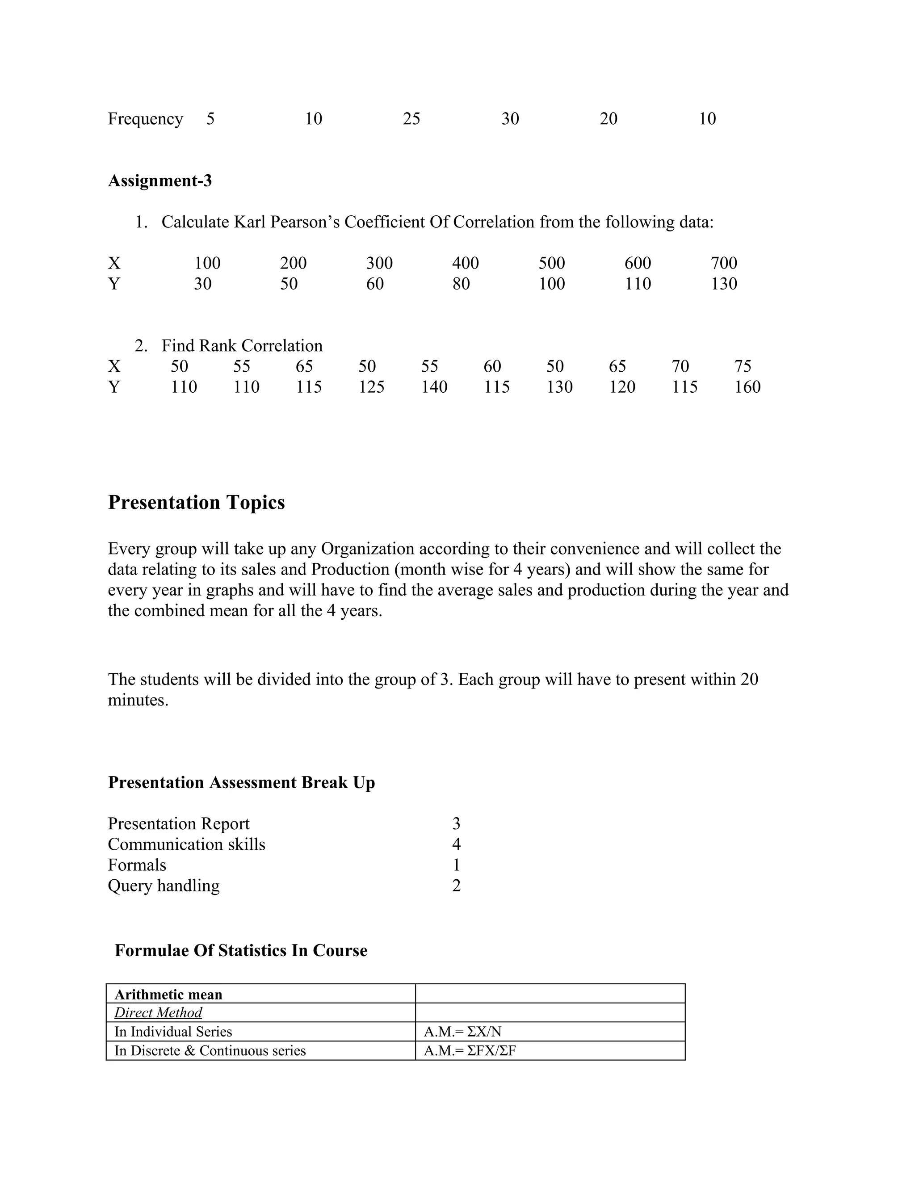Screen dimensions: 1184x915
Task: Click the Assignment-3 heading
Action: [x=160, y=181]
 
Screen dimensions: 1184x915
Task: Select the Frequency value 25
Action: [x=411, y=119]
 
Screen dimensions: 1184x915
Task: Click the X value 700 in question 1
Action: [x=724, y=263]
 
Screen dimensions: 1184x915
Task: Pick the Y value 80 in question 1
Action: [x=461, y=284]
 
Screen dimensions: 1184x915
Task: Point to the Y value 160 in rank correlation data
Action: [x=747, y=386]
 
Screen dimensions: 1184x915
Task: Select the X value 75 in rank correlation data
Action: [x=743, y=366]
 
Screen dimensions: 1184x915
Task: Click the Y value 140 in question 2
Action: [x=434, y=386]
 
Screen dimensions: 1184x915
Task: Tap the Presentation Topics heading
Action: [x=196, y=502]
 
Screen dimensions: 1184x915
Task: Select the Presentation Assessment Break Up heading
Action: [x=241, y=782]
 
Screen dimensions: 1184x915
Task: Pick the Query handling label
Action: [x=164, y=885]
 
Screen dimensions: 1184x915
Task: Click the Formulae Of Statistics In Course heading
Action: [x=241, y=950]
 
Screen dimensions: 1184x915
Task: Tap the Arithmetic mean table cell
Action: [x=168, y=994]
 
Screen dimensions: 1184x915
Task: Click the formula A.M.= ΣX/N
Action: [x=462, y=1031]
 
